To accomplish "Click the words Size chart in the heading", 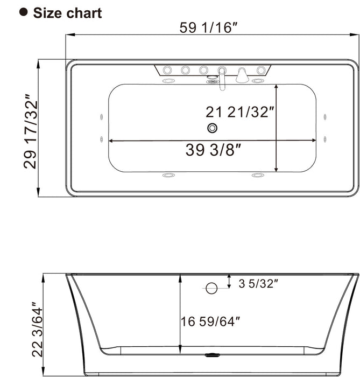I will pos(67,13).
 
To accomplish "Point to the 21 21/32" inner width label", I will pos(240,112).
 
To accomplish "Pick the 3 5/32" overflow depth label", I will pos(258,283).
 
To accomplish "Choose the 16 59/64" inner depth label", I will pos(210,322).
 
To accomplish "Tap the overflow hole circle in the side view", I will pos(211,288).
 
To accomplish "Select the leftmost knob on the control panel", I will pos(167,70).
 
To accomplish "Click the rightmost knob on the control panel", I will pos(262,70).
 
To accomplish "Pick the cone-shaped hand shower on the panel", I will pos(242,75).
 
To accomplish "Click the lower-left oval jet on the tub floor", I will pos(169,176).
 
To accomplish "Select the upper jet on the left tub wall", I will pos(101,117).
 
